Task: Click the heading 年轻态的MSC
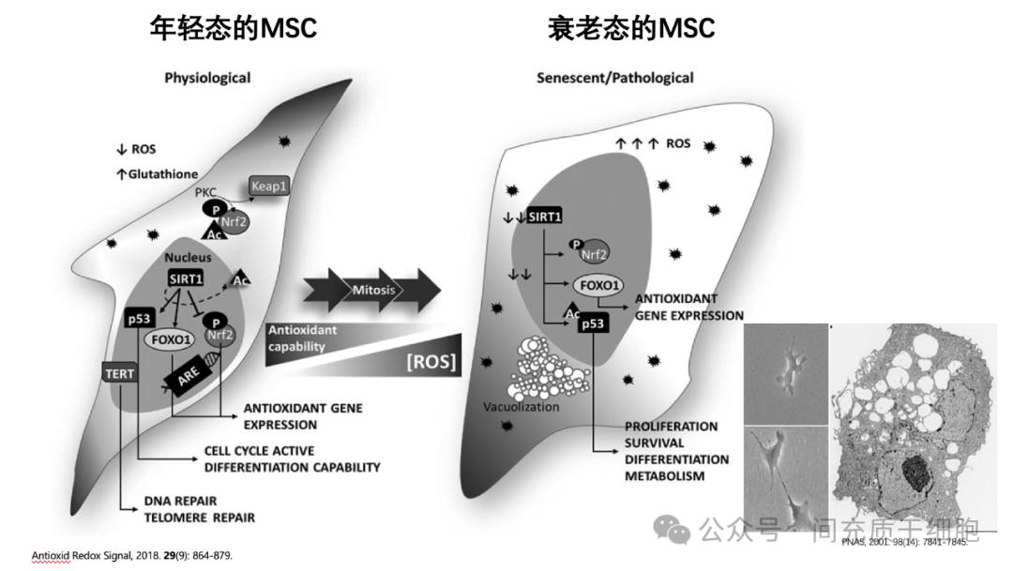(x=234, y=29)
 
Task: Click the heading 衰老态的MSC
(x=631, y=29)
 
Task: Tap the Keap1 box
(x=268, y=187)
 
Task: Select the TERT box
(x=120, y=373)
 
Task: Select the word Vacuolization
(x=520, y=407)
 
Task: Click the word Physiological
(x=207, y=78)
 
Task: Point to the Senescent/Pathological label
(x=615, y=78)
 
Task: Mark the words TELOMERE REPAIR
(x=200, y=517)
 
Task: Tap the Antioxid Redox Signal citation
(x=131, y=556)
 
